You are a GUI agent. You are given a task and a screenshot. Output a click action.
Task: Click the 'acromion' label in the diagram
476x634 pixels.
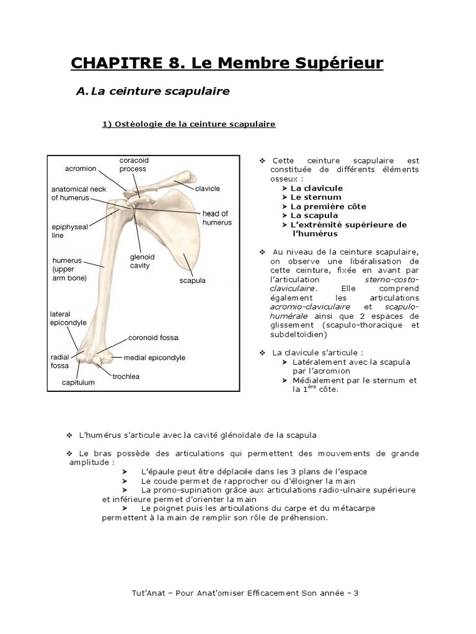81,168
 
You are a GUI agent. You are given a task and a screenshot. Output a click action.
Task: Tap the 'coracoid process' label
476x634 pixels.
133,164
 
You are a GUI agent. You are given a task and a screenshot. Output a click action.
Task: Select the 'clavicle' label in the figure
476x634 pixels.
208,188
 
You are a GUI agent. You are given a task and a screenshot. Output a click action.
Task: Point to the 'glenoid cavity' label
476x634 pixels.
142,260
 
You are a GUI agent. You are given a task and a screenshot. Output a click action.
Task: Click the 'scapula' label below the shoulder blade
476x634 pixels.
192,280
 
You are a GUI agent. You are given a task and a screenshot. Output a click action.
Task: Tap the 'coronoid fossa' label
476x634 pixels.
153,338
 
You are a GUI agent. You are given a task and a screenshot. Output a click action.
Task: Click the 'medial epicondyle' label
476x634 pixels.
154,357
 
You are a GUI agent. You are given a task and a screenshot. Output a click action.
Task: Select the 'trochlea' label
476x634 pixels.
126,376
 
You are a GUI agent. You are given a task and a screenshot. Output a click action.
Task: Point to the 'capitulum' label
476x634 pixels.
79,382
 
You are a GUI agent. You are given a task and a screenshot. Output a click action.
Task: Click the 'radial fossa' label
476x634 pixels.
60,361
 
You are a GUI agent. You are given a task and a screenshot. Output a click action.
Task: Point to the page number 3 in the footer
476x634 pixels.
356,593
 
